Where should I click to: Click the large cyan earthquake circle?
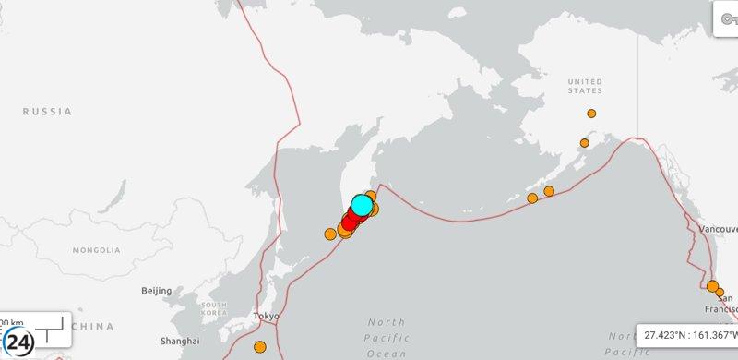coord(363,205)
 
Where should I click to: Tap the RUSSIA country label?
coord(48,112)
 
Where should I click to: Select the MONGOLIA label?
coord(97,250)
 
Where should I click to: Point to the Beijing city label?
coord(156,291)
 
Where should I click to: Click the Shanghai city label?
coord(180,339)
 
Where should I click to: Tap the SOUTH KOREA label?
coord(214,308)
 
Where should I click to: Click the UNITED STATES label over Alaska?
coord(585,86)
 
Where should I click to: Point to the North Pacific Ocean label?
coord(387,337)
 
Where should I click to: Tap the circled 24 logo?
coord(19,337)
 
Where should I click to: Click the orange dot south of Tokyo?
coord(260,347)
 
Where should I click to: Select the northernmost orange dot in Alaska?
coord(591,114)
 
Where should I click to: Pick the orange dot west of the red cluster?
coord(330,234)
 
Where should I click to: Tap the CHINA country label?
coord(93,327)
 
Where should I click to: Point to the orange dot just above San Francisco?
coord(712,285)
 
